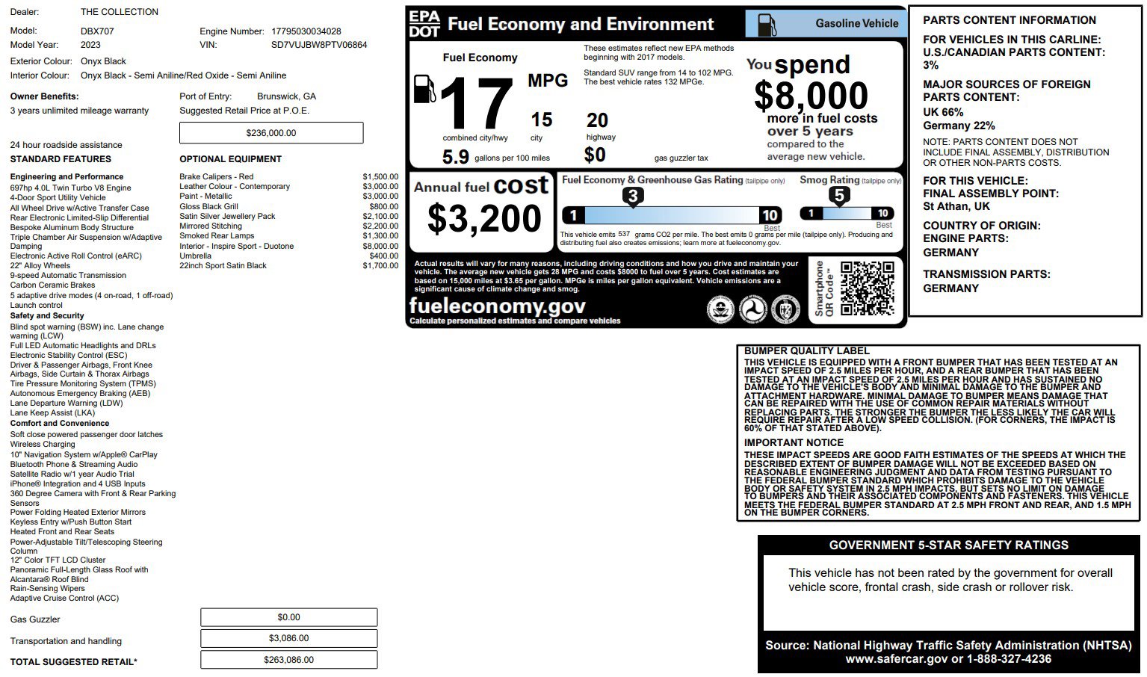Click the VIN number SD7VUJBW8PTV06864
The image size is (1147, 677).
tap(319, 45)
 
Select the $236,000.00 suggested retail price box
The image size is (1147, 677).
tap(271, 133)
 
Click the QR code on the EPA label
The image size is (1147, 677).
tap(867, 288)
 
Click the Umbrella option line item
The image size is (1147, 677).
tap(196, 256)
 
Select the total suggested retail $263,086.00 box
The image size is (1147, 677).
tap(288, 660)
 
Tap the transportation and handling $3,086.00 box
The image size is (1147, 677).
tap(288, 638)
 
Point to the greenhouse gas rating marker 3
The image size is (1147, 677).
tap(633, 197)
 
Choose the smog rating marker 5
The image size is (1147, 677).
tap(839, 196)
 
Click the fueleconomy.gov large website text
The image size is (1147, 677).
tap(497, 306)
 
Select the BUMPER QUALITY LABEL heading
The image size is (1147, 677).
tap(806, 350)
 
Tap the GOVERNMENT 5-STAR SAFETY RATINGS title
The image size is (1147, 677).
tap(948, 545)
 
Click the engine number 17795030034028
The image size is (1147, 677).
tap(306, 31)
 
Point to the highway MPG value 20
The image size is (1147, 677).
tap(597, 120)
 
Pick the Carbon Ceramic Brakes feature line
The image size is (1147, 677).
tap(53, 285)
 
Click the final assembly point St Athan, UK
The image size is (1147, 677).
tap(956, 206)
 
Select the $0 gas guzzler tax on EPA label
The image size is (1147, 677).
tap(595, 155)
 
